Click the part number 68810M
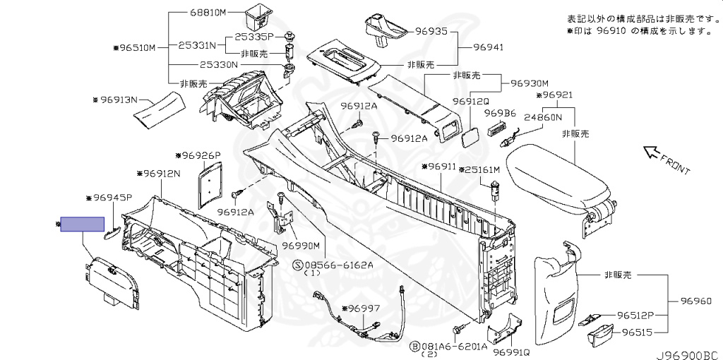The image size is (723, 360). pyautogui.click(x=208, y=13)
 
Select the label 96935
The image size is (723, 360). pyautogui.click(x=431, y=32)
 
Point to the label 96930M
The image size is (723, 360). pyautogui.click(x=530, y=83)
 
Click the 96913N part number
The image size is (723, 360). pyautogui.click(x=119, y=100)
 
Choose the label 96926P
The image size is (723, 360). pyautogui.click(x=201, y=155)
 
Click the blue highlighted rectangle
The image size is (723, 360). pyautogui.click(x=83, y=224)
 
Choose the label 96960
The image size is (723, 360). pyautogui.click(x=695, y=301)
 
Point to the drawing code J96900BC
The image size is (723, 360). pyautogui.click(x=689, y=354)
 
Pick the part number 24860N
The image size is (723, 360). pyautogui.click(x=542, y=117)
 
